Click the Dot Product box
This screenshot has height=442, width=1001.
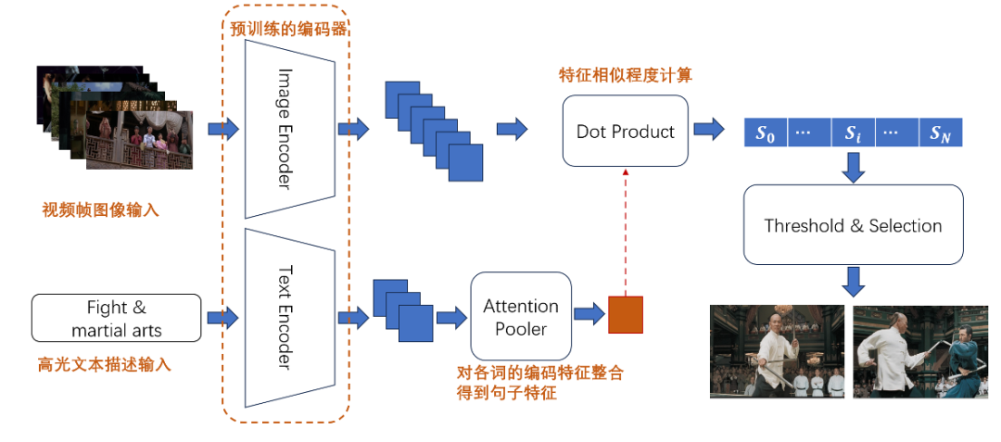[x=625, y=131]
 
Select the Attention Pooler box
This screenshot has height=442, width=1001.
[x=520, y=316]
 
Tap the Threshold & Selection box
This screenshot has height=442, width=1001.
[x=853, y=224]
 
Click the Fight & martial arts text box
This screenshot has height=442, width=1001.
[x=116, y=318]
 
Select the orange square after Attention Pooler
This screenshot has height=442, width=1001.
[x=625, y=314]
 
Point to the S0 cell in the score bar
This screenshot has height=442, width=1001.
[x=767, y=133]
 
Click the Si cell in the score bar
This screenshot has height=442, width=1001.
[x=853, y=133]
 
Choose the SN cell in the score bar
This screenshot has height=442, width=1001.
[x=941, y=133]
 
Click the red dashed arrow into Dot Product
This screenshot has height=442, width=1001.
[x=626, y=233]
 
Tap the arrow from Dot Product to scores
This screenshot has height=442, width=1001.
[x=709, y=130]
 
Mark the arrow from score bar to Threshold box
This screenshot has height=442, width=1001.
[x=854, y=167]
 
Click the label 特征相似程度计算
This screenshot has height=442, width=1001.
[x=626, y=75]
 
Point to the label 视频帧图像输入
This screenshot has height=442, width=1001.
[x=100, y=209]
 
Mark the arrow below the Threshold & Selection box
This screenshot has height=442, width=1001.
[x=854, y=282]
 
